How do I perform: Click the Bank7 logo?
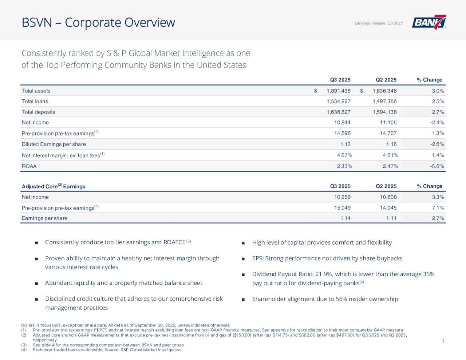429,23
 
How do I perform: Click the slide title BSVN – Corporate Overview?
98,23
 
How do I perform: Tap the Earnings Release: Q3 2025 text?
379,23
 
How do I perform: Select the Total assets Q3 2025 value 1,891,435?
338,91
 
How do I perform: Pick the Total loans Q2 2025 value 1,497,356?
384,102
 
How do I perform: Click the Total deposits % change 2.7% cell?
438,112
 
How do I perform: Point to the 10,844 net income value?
342,123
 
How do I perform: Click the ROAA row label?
29,166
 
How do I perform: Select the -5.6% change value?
437,166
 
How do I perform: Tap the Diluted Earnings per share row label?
54,145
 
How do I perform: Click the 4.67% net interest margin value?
344,155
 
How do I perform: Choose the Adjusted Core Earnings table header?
54,186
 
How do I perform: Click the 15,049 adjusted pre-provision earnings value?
342,208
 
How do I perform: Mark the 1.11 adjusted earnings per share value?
391,218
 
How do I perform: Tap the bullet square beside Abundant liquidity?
36,283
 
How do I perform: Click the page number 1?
443,341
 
